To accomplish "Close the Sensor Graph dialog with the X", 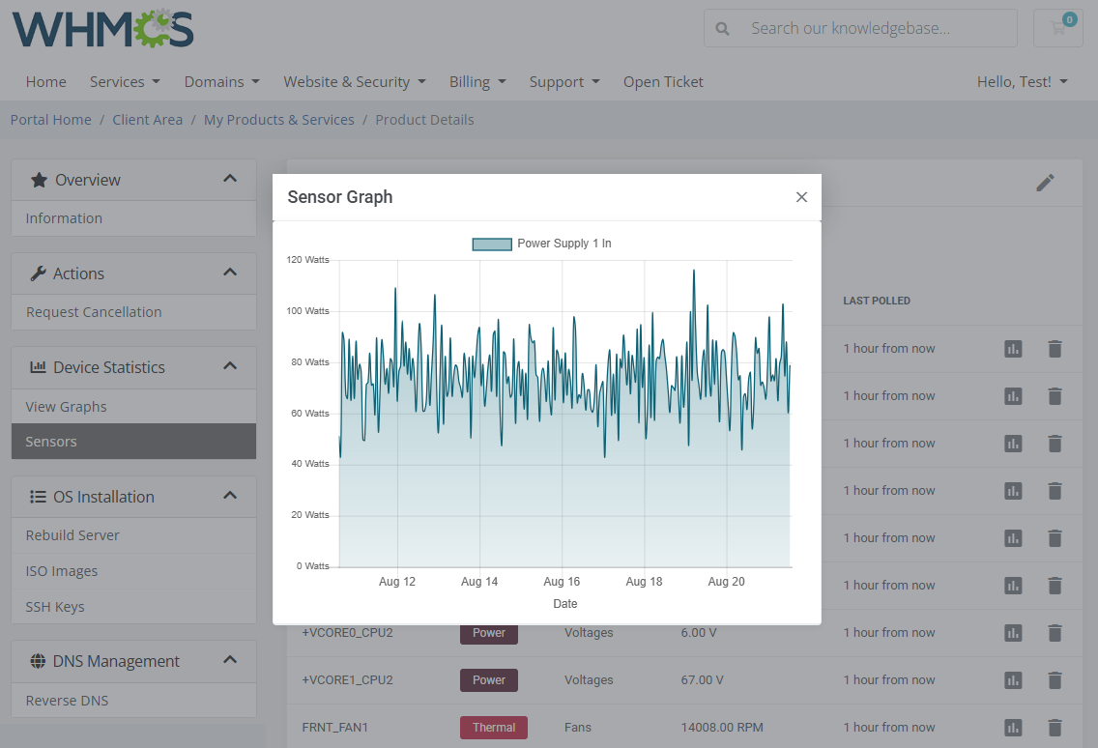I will pyautogui.click(x=801, y=197).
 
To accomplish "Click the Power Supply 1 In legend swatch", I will pyautogui.click(x=492, y=244).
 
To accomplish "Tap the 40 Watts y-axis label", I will pyautogui.click(x=309, y=464).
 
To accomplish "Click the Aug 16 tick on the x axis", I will pyautogui.click(x=562, y=582).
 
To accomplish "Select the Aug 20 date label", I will pyautogui.click(x=726, y=582).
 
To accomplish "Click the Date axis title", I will pyautogui.click(x=565, y=604).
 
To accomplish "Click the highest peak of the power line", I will pyautogui.click(x=694, y=272).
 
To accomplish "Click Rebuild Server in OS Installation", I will pyautogui.click(x=72, y=535).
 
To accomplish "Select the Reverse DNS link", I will pyautogui.click(x=67, y=701).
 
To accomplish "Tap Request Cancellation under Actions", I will pyautogui.click(x=94, y=312).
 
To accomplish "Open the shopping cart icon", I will pyautogui.click(x=1057, y=28).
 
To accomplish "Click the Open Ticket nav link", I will pyautogui.click(x=663, y=82).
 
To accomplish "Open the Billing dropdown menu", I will pyautogui.click(x=477, y=82).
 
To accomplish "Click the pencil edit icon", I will pyautogui.click(x=1045, y=183).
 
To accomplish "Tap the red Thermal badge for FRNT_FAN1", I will pyautogui.click(x=494, y=728).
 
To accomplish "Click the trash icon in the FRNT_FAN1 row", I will pyautogui.click(x=1055, y=728).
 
